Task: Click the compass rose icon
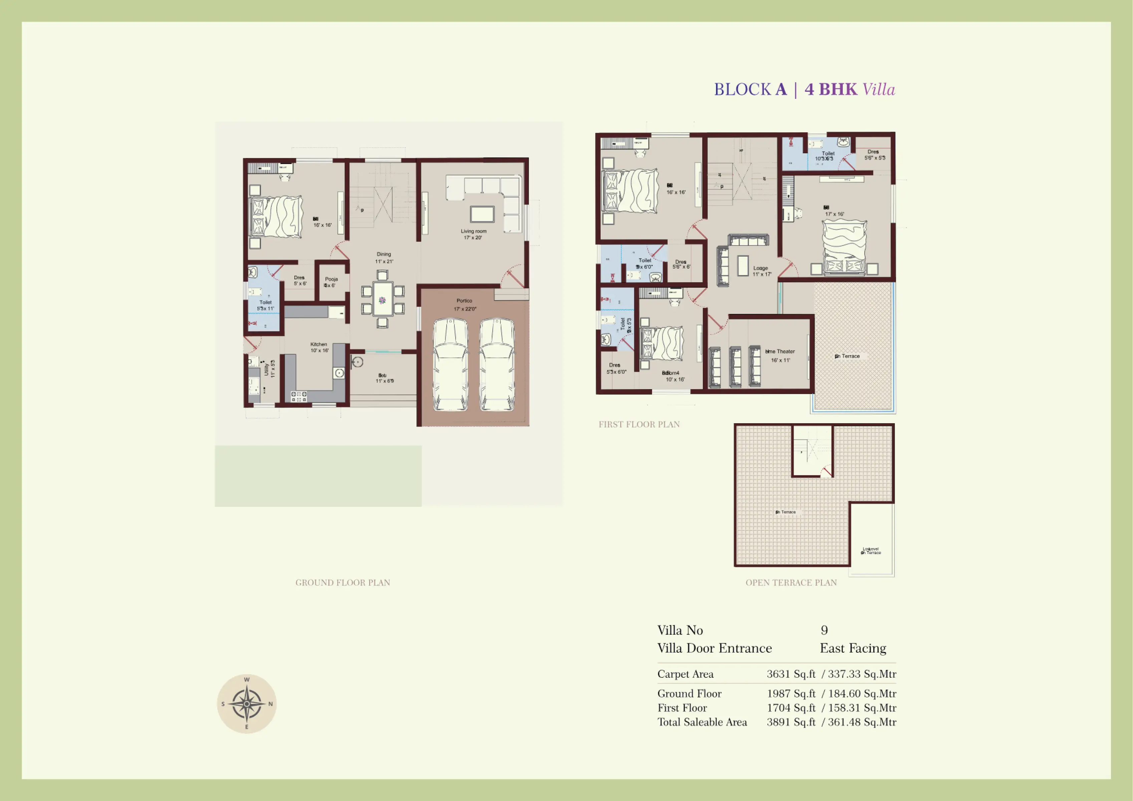point(246,704)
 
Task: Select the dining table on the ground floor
point(383,299)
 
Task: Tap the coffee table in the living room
point(482,214)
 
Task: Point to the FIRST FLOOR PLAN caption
point(639,424)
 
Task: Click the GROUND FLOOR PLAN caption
point(343,583)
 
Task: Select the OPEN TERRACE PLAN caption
point(791,583)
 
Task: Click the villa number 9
point(824,630)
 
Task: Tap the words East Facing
point(853,648)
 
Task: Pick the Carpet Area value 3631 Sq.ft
point(790,674)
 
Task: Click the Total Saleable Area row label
point(702,722)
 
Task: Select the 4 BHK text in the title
point(831,90)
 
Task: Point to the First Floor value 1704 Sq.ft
point(790,708)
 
